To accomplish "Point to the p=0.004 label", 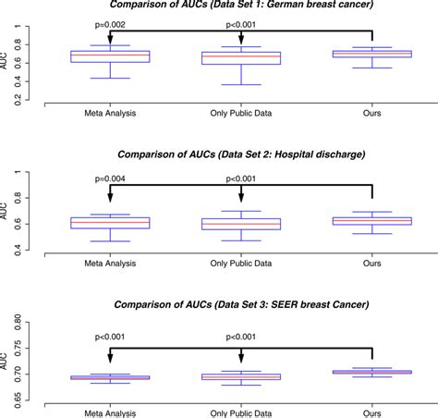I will click(109, 169).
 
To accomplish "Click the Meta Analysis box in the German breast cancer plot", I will click(110, 55).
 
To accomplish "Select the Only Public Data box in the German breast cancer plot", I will click(240, 57).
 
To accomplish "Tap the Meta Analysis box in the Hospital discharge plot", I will click(110, 223).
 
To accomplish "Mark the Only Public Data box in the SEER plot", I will click(240, 377).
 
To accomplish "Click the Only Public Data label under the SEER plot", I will click(240, 412).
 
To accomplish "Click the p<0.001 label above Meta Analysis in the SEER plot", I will click(109, 338).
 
